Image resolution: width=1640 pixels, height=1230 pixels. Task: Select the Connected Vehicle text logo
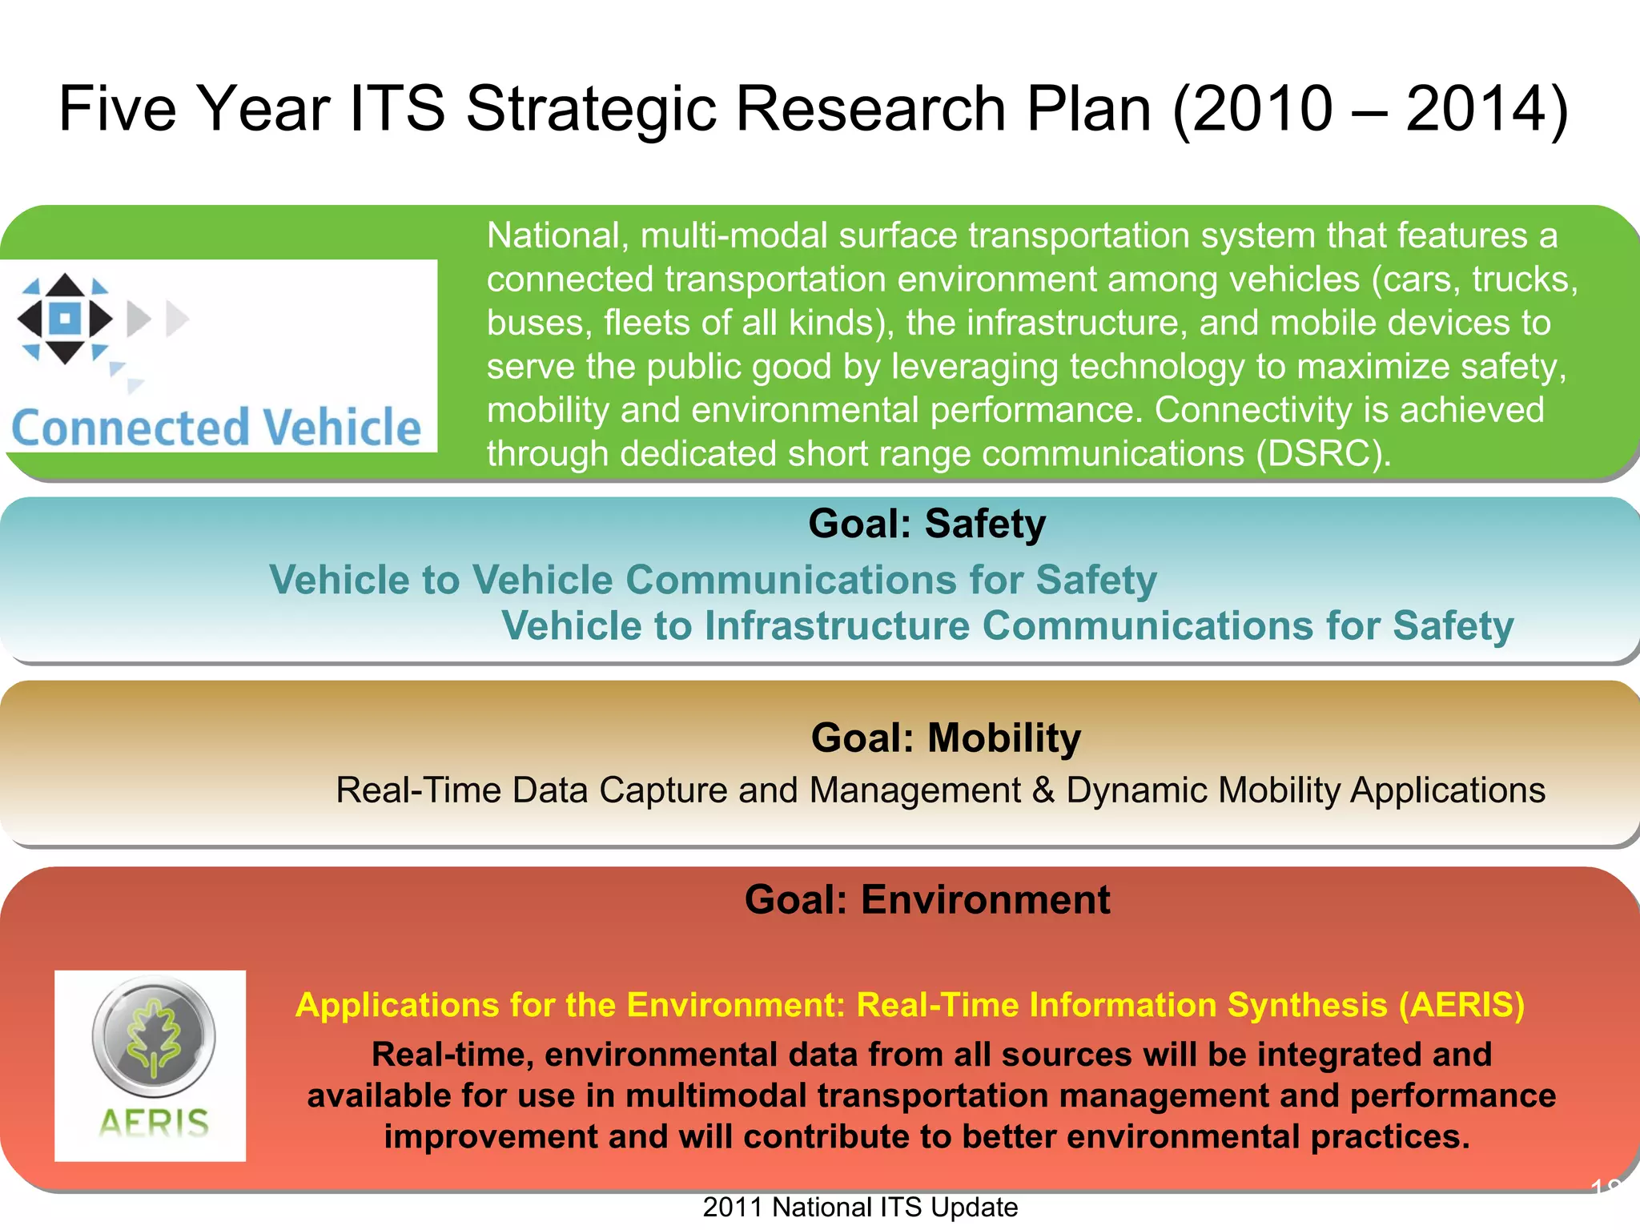coord(216,427)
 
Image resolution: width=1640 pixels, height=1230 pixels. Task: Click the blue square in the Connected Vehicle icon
coord(65,318)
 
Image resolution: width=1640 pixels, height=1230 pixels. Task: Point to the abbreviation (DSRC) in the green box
coord(1322,454)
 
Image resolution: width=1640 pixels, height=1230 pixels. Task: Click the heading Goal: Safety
coord(927,525)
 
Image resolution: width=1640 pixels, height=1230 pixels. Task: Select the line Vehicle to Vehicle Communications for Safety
coord(713,580)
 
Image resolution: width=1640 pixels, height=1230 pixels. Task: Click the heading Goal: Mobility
coord(946,738)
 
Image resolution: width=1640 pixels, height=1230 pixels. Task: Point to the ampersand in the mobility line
coord(1043,790)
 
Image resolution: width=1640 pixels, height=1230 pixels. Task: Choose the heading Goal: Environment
coord(927,899)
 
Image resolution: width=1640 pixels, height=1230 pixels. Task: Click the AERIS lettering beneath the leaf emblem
coord(154,1123)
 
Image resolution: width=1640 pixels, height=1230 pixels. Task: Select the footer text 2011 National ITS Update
coord(860,1207)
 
